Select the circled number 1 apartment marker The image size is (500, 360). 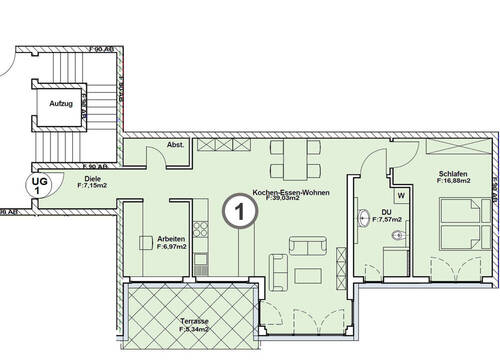point(234,211)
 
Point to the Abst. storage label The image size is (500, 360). point(175,145)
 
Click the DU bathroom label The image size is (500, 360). point(386,211)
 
